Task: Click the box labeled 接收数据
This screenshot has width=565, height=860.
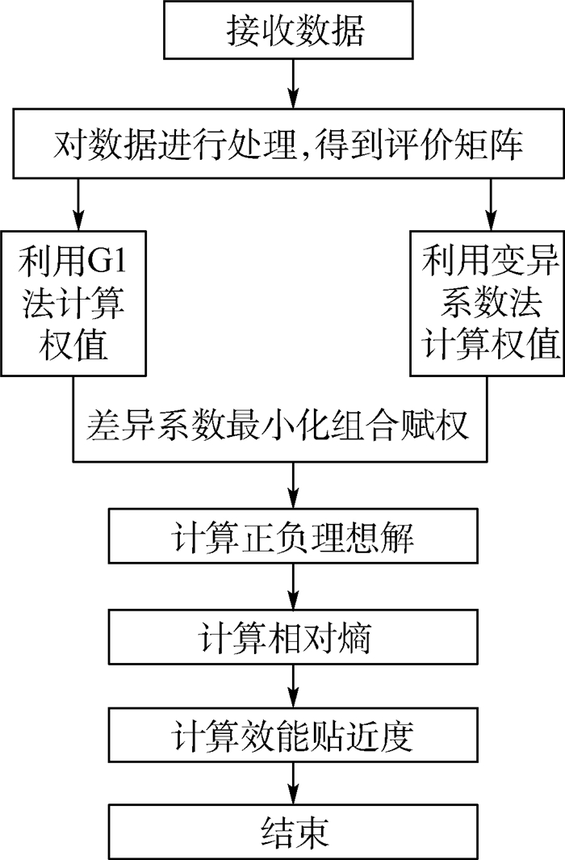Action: pyautogui.click(x=288, y=30)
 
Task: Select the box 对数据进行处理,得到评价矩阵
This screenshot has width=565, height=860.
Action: pyautogui.click(x=288, y=144)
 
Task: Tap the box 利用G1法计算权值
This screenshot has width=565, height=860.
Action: pyautogui.click(x=73, y=304)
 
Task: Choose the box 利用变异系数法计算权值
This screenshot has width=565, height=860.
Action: pyautogui.click(x=488, y=304)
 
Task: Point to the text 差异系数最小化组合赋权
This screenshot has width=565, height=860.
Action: pyautogui.click(x=278, y=425)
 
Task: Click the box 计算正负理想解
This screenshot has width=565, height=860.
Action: pyautogui.click(x=293, y=536)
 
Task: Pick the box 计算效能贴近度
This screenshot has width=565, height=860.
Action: pyautogui.click(x=293, y=735)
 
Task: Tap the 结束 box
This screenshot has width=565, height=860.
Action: pyautogui.click(x=293, y=832)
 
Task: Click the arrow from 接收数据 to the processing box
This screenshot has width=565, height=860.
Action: pyautogui.click(x=294, y=84)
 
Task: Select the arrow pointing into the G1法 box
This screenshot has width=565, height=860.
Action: pyautogui.click(x=78, y=204)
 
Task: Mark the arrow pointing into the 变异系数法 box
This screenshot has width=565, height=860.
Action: pyautogui.click(x=491, y=204)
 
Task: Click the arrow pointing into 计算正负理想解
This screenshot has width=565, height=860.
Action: pyautogui.click(x=294, y=485)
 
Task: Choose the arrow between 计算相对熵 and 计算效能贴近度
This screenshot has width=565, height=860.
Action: pyautogui.click(x=294, y=686)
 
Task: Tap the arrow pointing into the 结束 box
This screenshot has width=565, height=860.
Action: pyautogui.click(x=294, y=783)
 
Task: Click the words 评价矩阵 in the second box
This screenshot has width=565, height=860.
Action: pyautogui.click(x=453, y=145)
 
